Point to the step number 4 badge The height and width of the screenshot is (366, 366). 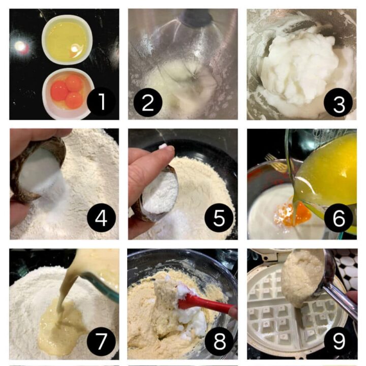pyautogui.click(x=101, y=219)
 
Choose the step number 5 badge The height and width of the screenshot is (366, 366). pyautogui.click(x=219, y=219)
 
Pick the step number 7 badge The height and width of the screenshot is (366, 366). pyautogui.click(x=101, y=341)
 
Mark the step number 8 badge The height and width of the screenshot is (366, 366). pyautogui.click(x=219, y=341)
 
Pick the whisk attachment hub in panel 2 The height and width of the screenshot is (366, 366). pyautogui.click(x=196, y=18)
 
